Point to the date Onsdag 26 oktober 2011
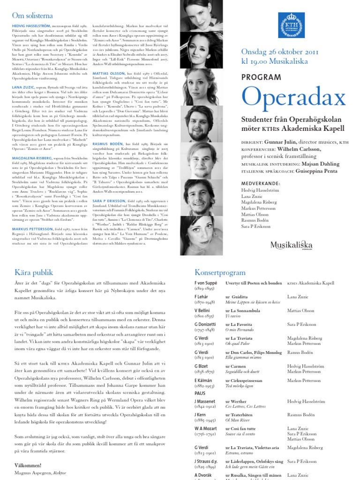coord(280,52)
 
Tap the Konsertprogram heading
coord(220,272)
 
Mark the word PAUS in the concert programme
coord(200,393)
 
